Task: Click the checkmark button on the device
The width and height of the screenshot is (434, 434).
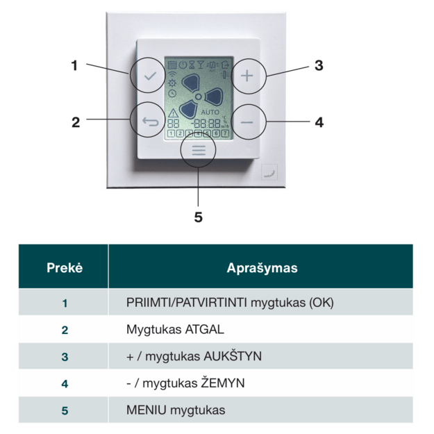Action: (x=148, y=76)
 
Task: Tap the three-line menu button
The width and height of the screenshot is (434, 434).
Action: (x=199, y=150)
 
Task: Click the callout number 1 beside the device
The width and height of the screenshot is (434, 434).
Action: (x=74, y=66)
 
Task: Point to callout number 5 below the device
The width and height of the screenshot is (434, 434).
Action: (x=199, y=217)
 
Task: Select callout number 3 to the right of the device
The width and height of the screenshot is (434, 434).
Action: (x=319, y=66)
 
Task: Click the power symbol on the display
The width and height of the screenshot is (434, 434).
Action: (x=183, y=65)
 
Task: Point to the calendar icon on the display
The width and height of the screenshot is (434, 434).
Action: (x=172, y=65)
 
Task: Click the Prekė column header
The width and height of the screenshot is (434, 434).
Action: (x=64, y=267)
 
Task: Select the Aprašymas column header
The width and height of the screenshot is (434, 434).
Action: (x=262, y=267)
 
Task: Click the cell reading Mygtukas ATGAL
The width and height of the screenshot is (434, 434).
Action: (x=176, y=330)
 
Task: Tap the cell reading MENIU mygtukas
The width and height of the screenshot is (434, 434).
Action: (x=176, y=410)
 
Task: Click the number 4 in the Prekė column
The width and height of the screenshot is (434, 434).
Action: (x=65, y=383)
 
